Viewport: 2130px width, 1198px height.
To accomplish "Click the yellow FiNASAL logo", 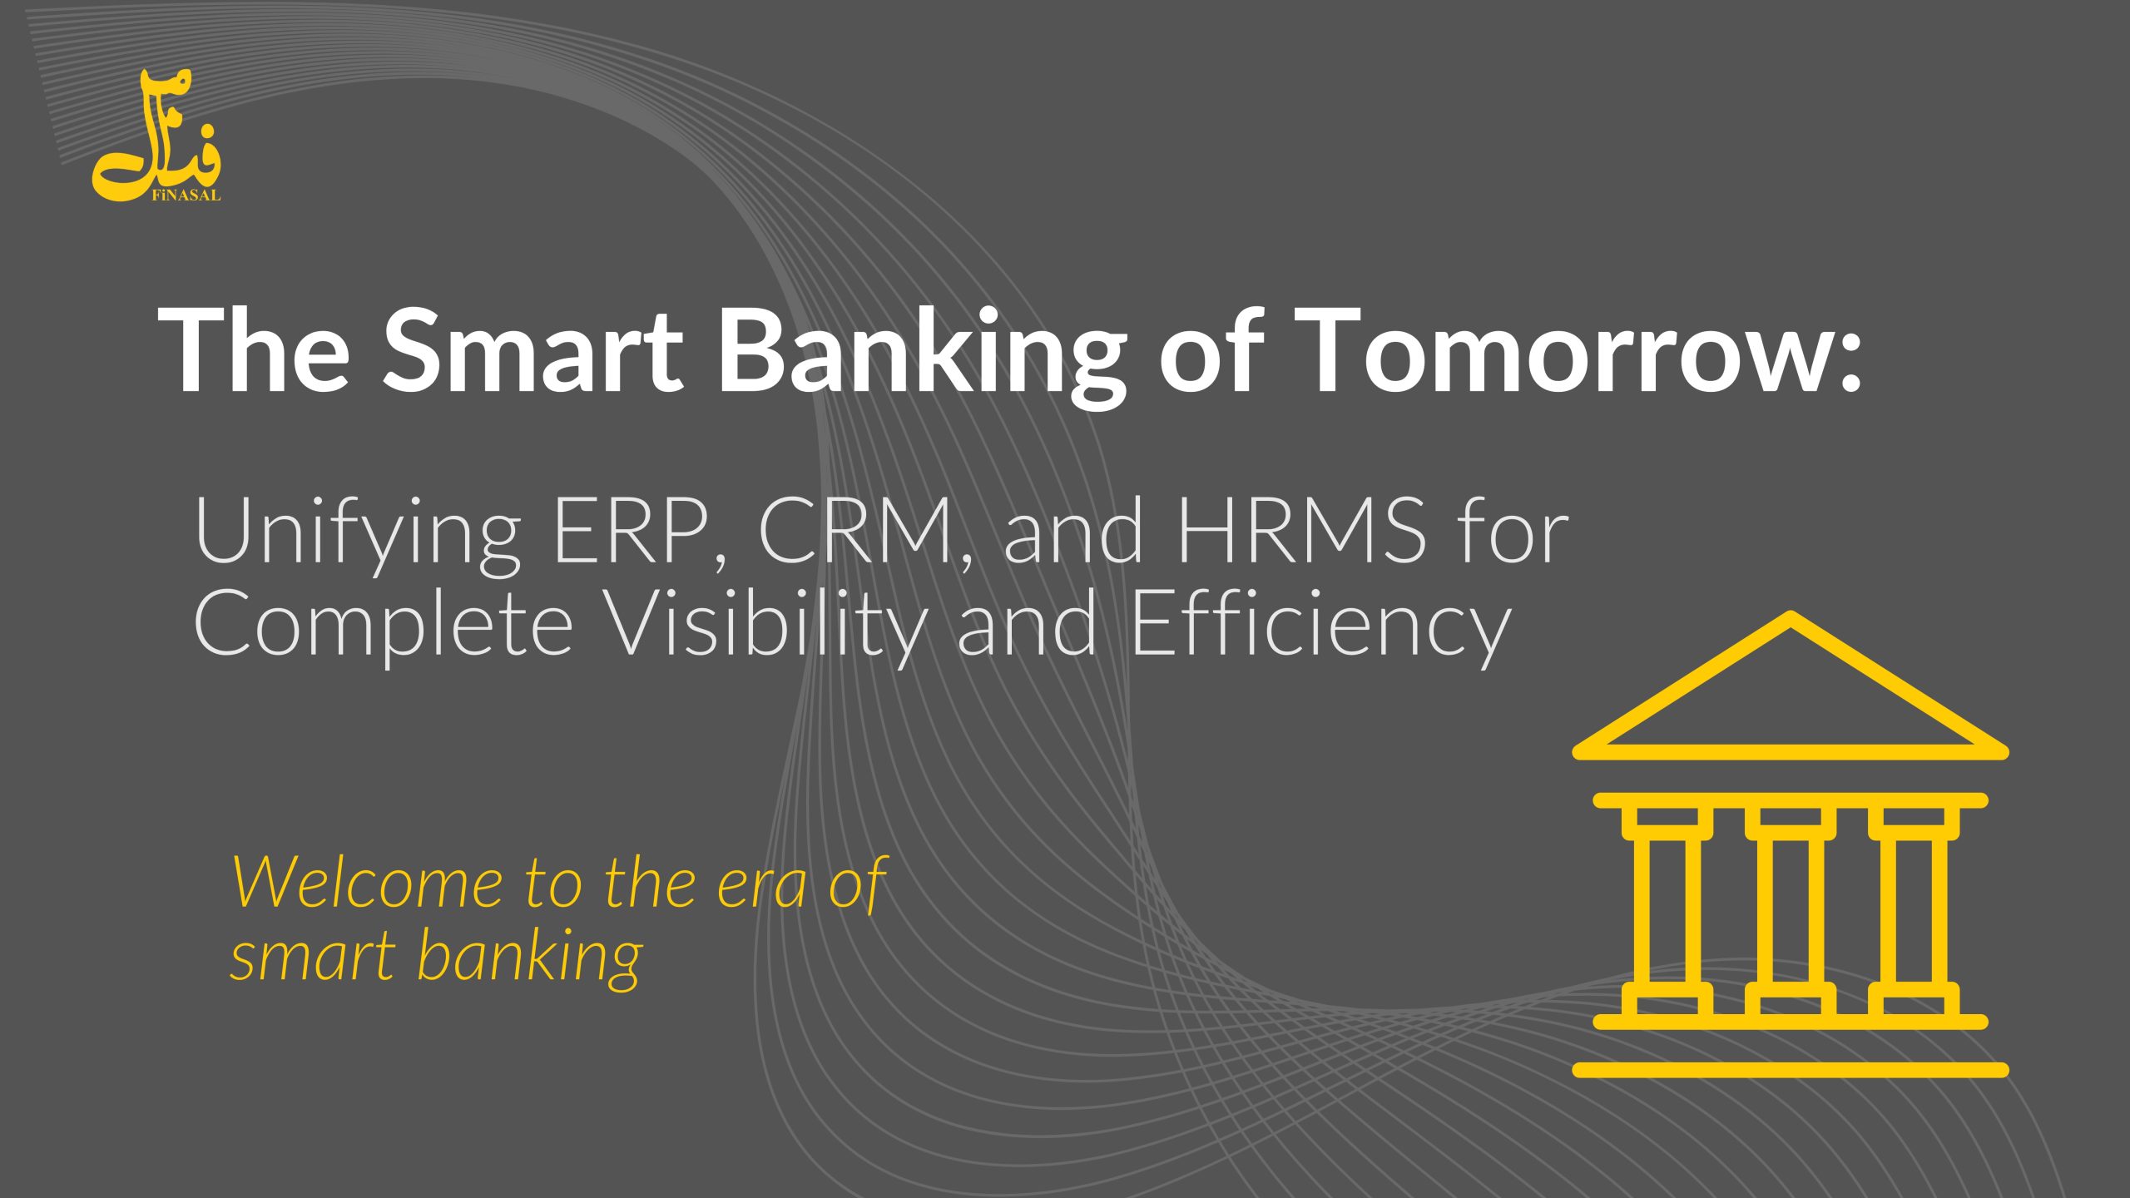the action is (156, 136).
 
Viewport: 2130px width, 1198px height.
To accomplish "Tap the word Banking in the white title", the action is (921, 356).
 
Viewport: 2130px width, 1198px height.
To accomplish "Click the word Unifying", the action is (358, 537).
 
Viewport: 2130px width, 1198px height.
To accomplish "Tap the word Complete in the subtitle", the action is (384, 629).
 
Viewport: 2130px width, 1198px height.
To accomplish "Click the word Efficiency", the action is (1319, 629).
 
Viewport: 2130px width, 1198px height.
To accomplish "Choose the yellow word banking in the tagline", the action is (529, 957).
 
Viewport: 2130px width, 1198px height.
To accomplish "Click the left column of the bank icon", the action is (1667, 912).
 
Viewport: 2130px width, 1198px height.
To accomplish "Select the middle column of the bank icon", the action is (1791, 912).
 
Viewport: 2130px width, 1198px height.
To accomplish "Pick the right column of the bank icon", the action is (1914, 912).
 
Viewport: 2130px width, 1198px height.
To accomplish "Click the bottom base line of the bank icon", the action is (1791, 1070).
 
